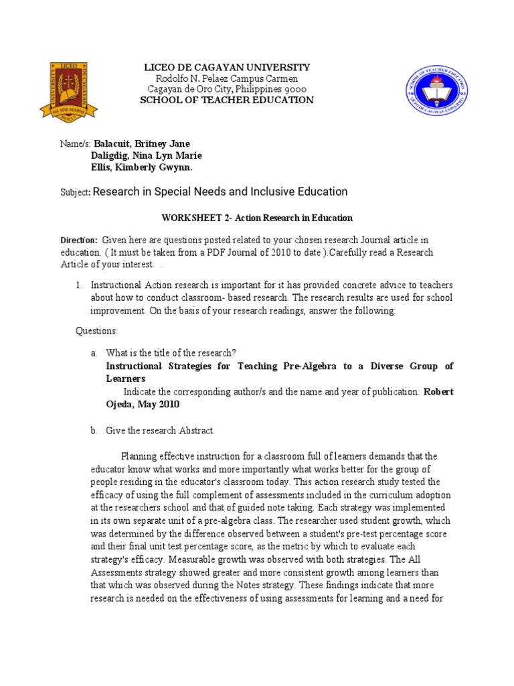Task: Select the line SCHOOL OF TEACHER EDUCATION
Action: [226, 100]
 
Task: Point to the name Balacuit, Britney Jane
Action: [142, 144]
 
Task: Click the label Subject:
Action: [75, 193]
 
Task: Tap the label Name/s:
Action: [75, 144]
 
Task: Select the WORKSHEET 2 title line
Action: [256, 218]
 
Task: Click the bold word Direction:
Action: [79, 241]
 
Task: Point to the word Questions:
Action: [96, 331]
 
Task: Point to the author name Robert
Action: [438, 392]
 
